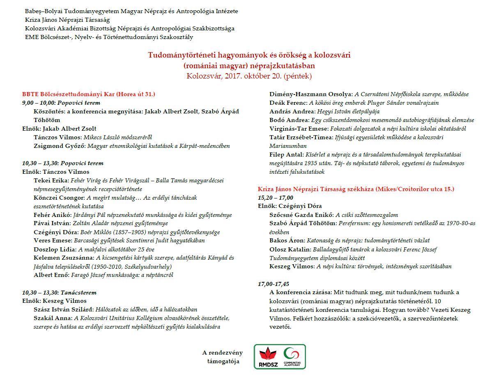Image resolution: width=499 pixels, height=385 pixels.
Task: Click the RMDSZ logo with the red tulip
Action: (x=268, y=357)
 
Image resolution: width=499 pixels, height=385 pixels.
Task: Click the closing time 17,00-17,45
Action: (x=274, y=284)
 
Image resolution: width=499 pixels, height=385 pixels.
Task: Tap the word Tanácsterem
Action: (x=78, y=293)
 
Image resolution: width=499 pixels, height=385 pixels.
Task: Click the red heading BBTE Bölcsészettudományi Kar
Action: (x=69, y=94)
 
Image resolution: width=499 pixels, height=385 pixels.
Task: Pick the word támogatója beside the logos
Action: (x=223, y=362)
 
